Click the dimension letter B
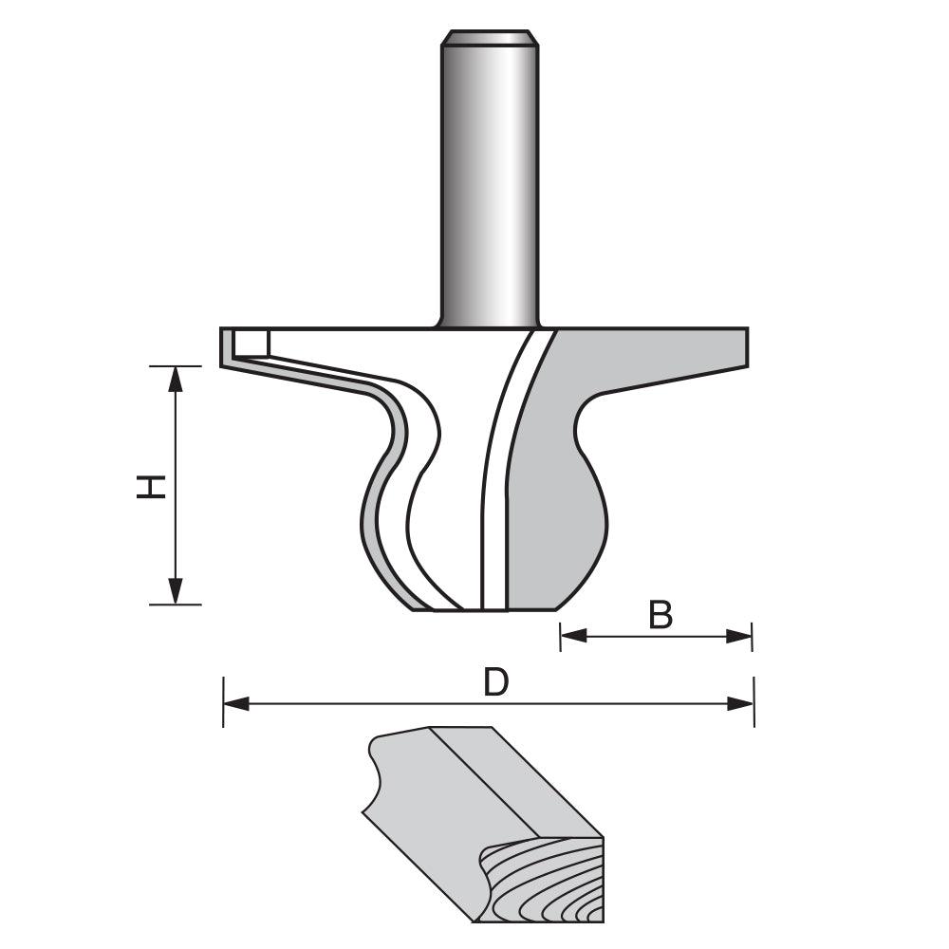(x=661, y=616)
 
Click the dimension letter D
(x=495, y=682)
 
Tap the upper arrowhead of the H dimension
(x=176, y=378)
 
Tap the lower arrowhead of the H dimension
(x=176, y=592)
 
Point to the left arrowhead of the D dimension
(x=235, y=703)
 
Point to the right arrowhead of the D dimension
(x=741, y=703)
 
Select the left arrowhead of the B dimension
(x=572, y=636)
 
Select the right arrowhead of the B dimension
(x=739, y=636)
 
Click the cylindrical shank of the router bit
(x=489, y=190)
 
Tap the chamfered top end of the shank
(x=489, y=39)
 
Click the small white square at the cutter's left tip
(x=251, y=342)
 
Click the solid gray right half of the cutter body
(x=560, y=474)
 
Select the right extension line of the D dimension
(x=754, y=702)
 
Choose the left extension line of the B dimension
(x=560, y=636)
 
